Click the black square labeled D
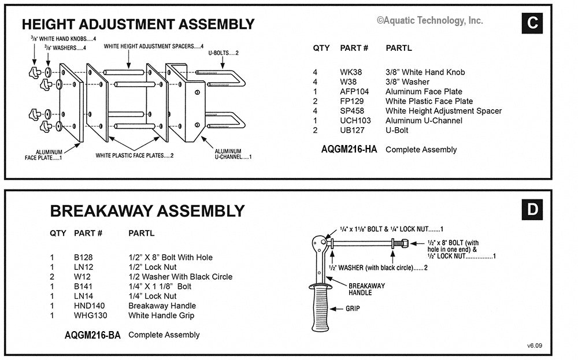point(532,209)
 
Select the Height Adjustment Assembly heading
point(138,24)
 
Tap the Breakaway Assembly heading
point(147,211)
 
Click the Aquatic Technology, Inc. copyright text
point(429,20)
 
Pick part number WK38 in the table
point(350,72)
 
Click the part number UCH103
point(355,121)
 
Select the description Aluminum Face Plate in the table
point(424,92)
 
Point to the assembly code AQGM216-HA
point(349,150)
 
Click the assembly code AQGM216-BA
point(92,335)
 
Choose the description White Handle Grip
point(161,316)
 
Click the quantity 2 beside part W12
point(53,277)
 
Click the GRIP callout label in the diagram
point(353,309)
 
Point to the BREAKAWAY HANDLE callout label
point(366,289)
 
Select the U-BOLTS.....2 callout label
point(224,53)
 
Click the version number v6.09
point(535,346)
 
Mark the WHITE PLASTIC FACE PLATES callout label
point(135,155)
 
